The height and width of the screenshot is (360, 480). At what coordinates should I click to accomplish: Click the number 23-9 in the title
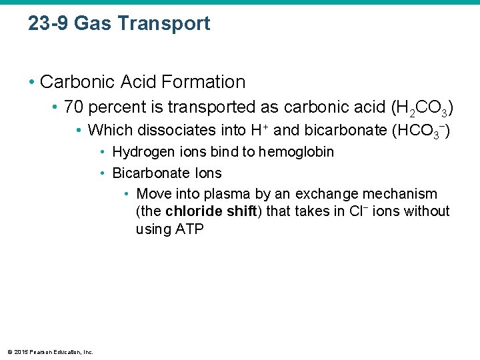click(x=49, y=23)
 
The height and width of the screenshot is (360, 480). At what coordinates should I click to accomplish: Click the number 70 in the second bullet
click(x=73, y=107)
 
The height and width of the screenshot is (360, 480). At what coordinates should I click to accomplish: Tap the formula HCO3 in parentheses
click(x=417, y=131)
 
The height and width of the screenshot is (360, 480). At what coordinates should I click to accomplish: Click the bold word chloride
click(x=195, y=211)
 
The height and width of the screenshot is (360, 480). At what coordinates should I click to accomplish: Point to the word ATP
click(x=189, y=229)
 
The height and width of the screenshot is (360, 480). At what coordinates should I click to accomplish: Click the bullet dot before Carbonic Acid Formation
click(x=31, y=83)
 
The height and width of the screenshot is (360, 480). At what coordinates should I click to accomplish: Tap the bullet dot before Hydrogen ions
click(x=103, y=153)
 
